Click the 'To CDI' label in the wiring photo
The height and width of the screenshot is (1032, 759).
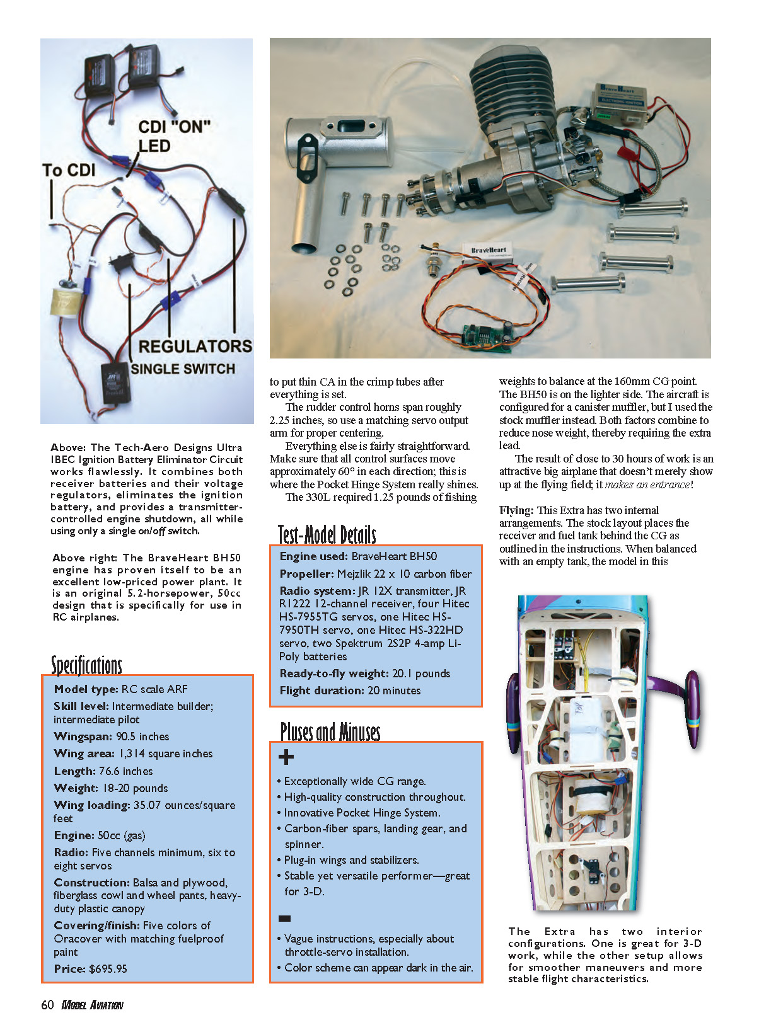(69, 170)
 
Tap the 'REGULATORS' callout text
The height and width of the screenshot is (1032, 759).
(195, 347)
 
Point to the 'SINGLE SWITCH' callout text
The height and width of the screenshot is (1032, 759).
(183, 369)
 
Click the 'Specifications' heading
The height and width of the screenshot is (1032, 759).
(86, 665)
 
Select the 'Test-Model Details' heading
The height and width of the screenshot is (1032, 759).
(327, 534)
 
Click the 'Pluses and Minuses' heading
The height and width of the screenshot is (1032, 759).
(330, 731)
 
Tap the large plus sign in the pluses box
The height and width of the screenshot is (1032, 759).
(286, 757)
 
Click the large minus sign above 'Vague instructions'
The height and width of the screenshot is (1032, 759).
(285, 919)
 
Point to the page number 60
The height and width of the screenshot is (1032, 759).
(47, 1005)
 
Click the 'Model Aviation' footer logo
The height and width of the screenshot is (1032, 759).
(92, 1005)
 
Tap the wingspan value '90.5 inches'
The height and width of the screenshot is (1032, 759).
(142, 736)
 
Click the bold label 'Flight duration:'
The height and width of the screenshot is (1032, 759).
(322, 690)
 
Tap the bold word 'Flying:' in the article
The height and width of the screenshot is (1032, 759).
(516, 510)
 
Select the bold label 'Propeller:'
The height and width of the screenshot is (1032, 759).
(306, 573)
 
